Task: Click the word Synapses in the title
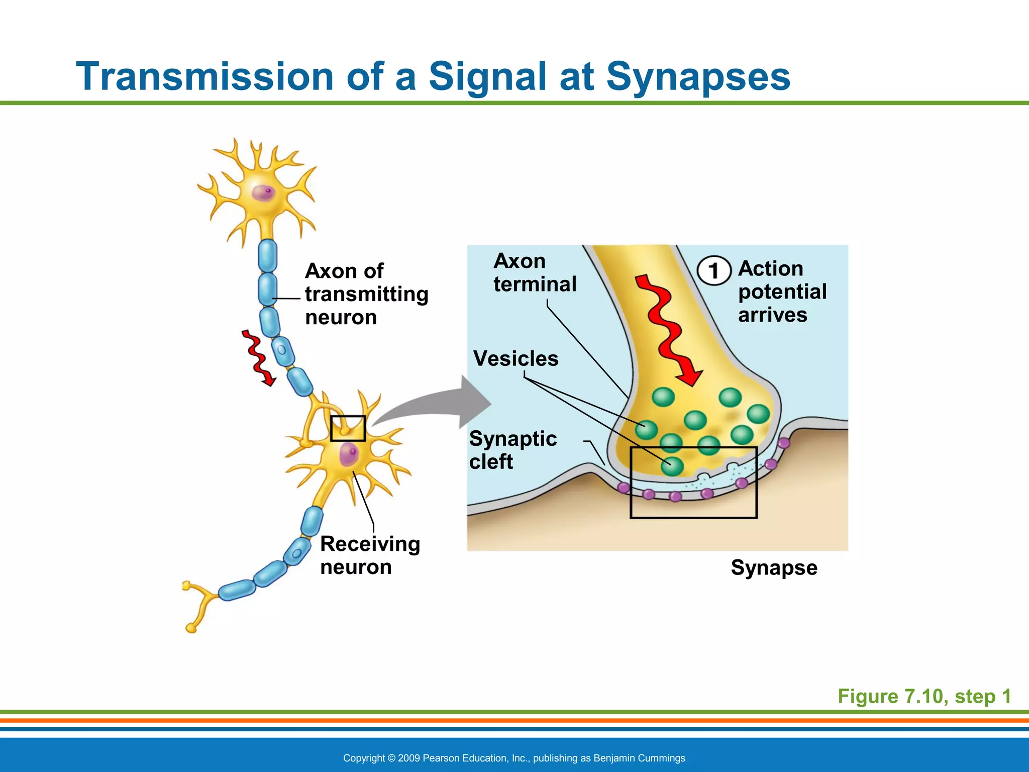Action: (698, 77)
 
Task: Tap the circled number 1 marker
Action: (713, 271)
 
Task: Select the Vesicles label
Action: (516, 359)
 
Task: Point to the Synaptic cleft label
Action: (512, 450)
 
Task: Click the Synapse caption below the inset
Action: (774, 568)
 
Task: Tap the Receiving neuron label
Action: (370, 555)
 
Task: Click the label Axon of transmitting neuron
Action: (366, 294)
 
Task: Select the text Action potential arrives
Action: (782, 292)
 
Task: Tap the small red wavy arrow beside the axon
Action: (258, 357)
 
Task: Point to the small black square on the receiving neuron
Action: (348, 428)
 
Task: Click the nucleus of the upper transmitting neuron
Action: (263, 192)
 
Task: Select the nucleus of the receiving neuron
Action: (349, 455)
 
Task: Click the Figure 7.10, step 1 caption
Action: (924, 697)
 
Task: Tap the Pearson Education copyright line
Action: (514, 758)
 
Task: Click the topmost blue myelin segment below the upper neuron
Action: (267, 255)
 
